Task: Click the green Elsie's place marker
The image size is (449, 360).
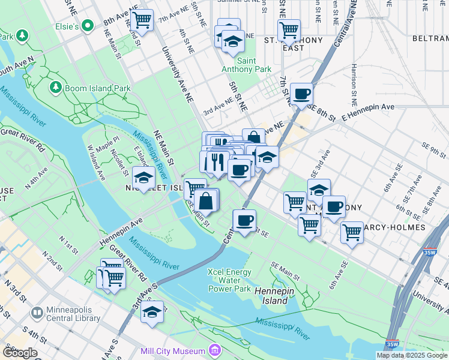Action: (x=88, y=26)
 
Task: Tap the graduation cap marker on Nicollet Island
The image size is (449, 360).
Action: (x=143, y=178)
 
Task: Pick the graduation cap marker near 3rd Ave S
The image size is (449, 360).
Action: (x=152, y=312)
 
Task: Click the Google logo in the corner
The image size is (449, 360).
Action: (x=20, y=353)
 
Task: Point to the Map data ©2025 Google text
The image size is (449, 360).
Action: (x=412, y=355)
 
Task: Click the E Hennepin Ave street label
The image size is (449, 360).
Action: (x=367, y=107)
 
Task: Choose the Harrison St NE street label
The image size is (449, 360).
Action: (x=355, y=82)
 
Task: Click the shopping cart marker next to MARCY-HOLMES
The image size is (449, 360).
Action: (x=352, y=232)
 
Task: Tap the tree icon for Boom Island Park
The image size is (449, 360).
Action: (x=56, y=88)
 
